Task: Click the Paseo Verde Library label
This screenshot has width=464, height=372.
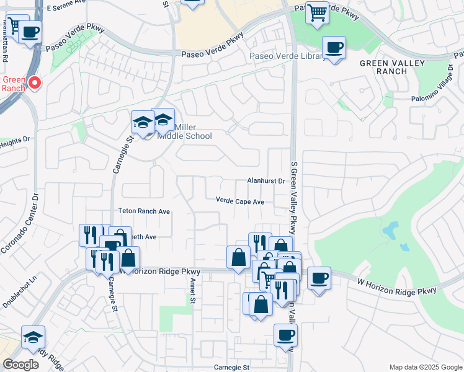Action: coord(286,56)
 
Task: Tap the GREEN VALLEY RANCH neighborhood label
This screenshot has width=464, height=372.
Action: coord(392,67)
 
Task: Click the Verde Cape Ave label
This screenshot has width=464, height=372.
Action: coord(240,201)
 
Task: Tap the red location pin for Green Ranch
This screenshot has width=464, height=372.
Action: coord(35,82)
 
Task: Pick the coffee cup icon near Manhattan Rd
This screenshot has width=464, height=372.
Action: coord(30,31)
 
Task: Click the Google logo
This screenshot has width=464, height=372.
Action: coord(20,365)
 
